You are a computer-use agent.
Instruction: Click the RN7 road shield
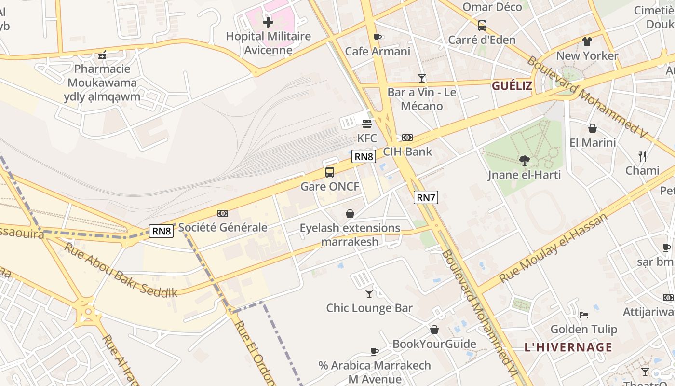[426, 197]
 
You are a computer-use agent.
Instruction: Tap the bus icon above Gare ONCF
[330, 172]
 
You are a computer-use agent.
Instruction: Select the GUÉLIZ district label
[512, 86]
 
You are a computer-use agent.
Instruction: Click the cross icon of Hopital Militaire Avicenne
[268, 22]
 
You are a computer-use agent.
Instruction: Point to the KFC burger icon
[367, 124]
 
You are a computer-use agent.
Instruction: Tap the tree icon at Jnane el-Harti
[524, 160]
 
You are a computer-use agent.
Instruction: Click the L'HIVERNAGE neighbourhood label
[568, 347]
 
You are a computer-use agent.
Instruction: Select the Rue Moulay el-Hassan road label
[553, 248]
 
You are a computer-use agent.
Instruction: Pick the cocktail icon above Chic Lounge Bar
[369, 293]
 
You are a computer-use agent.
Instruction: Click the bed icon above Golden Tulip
[584, 315]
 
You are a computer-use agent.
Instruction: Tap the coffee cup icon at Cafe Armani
[378, 37]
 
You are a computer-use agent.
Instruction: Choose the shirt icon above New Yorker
[587, 41]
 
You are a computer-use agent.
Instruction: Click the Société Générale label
[223, 227]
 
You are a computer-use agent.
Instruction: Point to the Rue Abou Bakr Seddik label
[121, 270]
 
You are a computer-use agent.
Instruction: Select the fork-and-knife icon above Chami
[642, 156]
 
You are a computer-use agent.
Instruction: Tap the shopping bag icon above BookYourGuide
[434, 330]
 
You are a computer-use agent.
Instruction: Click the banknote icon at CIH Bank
[407, 138]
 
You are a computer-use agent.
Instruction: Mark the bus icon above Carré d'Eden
[482, 26]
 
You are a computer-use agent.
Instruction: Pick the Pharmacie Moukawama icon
[102, 55]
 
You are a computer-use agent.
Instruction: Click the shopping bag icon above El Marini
[593, 128]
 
